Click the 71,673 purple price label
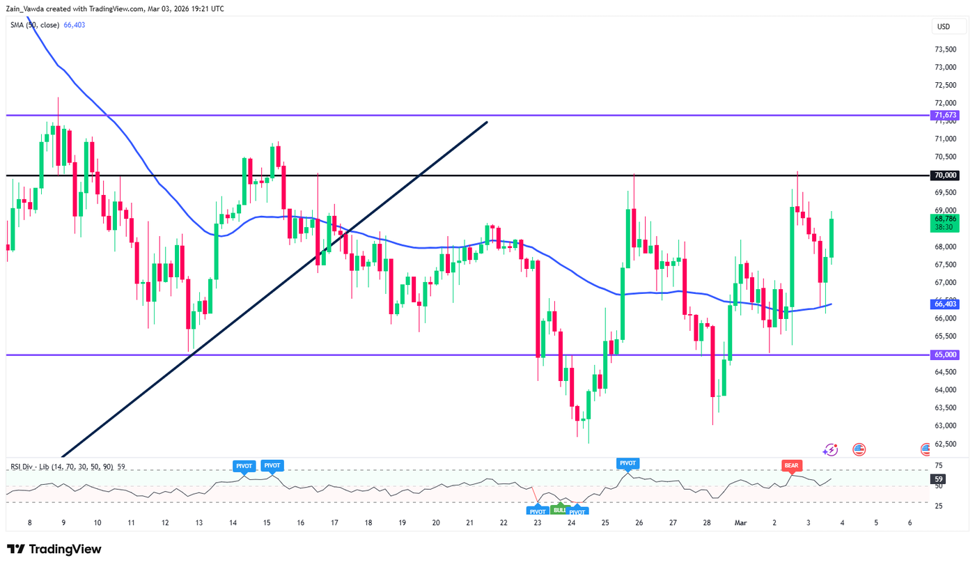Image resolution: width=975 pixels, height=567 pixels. (944, 115)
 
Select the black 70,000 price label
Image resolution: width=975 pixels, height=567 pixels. (944, 175)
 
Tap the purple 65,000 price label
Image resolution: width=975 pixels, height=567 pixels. (944, 355)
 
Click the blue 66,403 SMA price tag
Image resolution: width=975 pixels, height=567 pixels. (944, 304)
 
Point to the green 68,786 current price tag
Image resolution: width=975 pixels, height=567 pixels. (944, 222)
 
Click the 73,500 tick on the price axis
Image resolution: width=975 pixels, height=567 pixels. (945, 49)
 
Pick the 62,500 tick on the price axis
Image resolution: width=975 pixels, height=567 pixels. (945, 444)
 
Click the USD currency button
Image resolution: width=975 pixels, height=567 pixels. (944, 27)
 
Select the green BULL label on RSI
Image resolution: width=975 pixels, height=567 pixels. (559, 510)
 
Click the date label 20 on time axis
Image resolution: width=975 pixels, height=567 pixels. (435, 522)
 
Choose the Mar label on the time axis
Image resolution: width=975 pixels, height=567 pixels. (741, 522)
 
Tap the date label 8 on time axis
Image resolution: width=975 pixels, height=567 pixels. (29, 522)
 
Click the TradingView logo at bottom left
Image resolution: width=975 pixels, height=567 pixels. (54, 549)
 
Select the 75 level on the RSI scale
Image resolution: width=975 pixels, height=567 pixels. (938, 466)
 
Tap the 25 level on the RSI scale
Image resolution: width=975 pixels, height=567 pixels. (938, 505)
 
